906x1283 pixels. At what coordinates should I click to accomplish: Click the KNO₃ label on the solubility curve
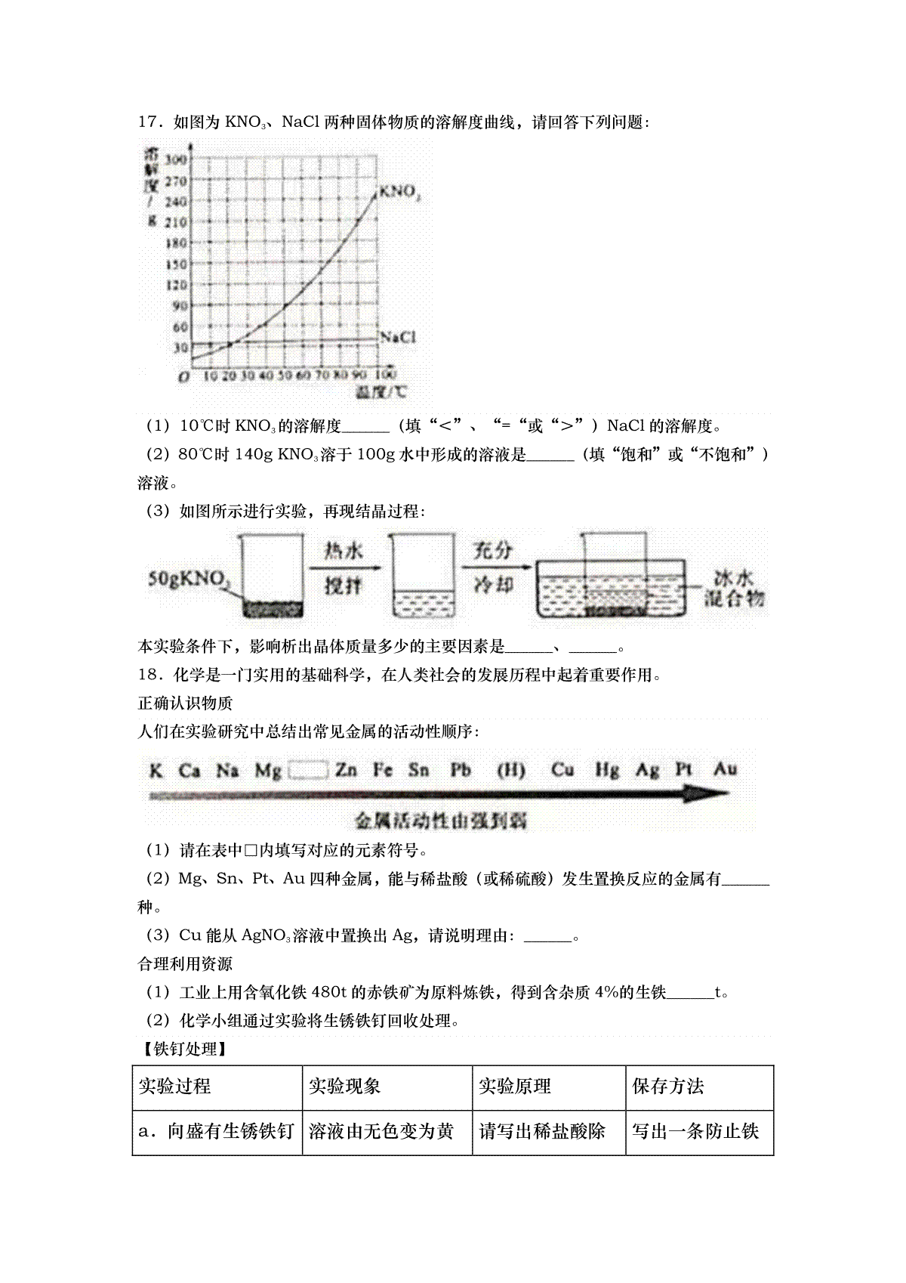[399, 191]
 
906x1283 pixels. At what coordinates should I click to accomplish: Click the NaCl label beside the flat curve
[398, 337]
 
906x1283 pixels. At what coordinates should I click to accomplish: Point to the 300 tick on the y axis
[176, 159]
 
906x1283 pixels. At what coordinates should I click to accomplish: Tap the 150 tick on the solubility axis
[176, 264]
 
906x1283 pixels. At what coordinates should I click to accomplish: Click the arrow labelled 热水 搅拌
[344, 567]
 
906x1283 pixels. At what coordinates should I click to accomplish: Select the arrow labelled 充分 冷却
[492, 567]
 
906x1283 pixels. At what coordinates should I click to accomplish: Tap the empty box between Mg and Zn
[309, 770]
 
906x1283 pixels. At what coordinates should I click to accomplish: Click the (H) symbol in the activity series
[511, 770]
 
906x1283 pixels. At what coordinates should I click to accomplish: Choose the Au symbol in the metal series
[725, 769]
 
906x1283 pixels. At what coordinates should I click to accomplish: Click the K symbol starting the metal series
[156, 770]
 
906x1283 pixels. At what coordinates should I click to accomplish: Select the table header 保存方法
[668, 1087]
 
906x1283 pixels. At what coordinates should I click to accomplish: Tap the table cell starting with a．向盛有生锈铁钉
[217, 1131]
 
